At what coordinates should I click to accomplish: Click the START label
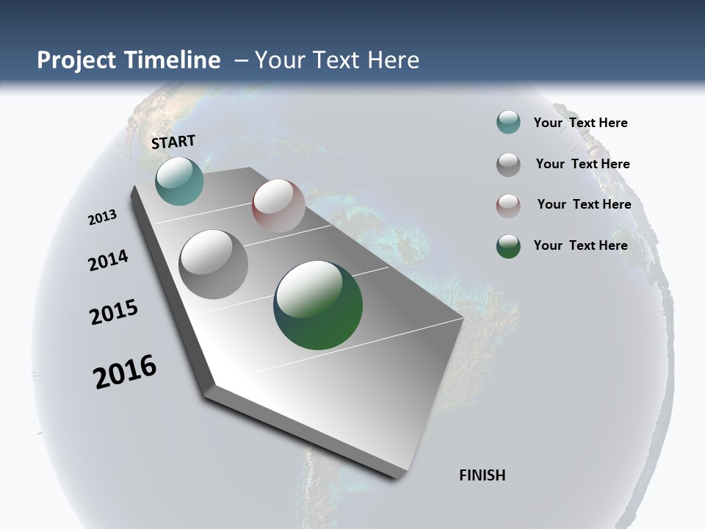pos(173,142)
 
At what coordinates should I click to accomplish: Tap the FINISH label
pos(482,475)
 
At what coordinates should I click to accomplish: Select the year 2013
pos(102,217)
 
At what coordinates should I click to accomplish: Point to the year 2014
pos(108,260)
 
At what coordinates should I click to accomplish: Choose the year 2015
pos(114,312)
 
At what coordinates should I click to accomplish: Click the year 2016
pos(125,372)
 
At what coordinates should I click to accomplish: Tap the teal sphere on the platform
pos(179,181)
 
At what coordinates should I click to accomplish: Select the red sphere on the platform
pos(278,206)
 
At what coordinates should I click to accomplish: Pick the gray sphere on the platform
pos(213,264)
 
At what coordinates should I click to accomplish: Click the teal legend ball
pos(508,123)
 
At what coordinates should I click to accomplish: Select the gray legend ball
pos(508,165)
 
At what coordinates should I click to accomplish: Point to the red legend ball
pos(508,206)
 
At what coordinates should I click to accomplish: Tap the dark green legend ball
pos(508,246)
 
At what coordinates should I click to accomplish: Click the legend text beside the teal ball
pos(580,123)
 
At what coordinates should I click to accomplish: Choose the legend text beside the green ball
pos(580,245)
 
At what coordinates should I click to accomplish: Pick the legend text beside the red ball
pos(584,204)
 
